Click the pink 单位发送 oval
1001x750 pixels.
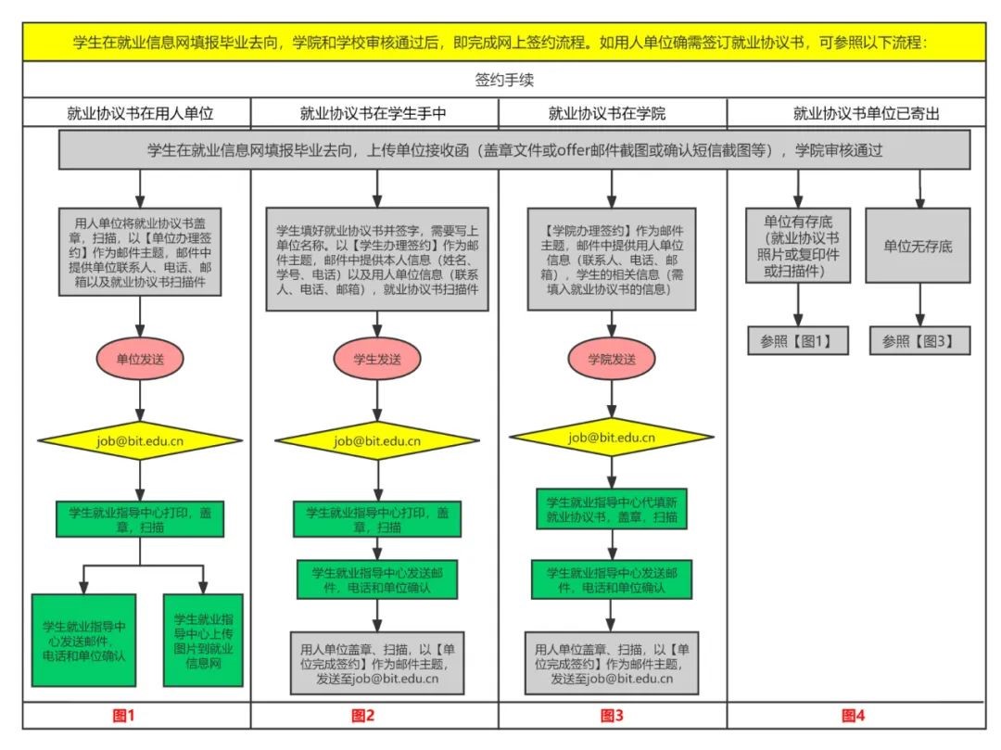tap(140, 359)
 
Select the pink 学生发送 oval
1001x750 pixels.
tap(376, 359)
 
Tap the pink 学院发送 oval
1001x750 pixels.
tap(612, 359)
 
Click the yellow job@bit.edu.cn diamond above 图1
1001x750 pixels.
tap(140, 440)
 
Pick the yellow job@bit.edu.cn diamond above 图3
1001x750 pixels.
tap(612, 438)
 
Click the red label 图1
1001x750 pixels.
tap(123, 715)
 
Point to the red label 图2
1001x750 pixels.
tap(363, 715)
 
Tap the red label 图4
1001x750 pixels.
tap(853, 715)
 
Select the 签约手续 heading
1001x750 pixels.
tap(503, 80)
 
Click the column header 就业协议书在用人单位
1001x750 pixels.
tap(140, 114)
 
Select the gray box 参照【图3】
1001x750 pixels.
tap(919, 341)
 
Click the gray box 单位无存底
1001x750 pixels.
tap(919, 247)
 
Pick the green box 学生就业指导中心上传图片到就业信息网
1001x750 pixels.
tap(203, 641)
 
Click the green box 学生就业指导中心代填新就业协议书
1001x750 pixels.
tap(612, 508)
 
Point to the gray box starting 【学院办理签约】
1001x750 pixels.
tap(612, 259)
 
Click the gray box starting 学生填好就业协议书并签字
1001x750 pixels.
tap(376, 259)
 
